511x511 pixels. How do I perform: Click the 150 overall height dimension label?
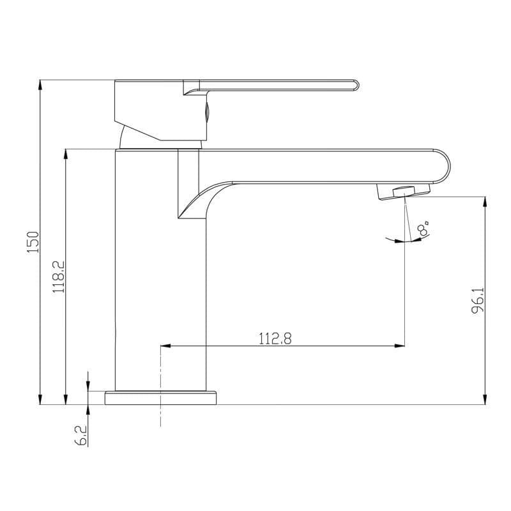pyautogui.click(x=33, y=242)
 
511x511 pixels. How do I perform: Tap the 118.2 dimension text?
pyautogui.click(x=59, y=277)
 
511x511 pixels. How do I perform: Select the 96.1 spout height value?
pyautogui.click(x=478, y=300)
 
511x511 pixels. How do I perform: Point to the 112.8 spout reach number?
pyautogui.click(x=275, y=339)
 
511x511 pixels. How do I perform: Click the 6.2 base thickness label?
pyautogui.click(x=81, y=436)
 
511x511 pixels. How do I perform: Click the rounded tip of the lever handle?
pyautogui.click(x=356, y=86)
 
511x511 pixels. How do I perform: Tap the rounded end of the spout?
pyautogui.click(x=443, y=166)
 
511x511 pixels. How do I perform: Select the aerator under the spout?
pyautogui.click(x=404, y=192)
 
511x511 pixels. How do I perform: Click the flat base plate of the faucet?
pyautogui.click(x=161, y=397)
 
